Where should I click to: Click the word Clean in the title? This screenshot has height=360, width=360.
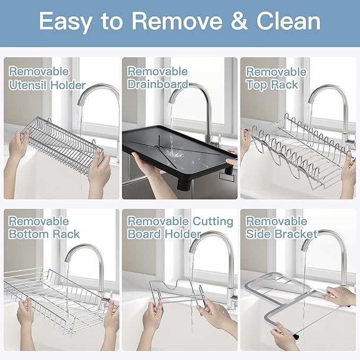289,21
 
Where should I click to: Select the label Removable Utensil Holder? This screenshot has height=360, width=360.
47,78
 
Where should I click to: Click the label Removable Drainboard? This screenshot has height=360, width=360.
157,77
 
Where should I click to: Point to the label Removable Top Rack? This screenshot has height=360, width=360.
276,78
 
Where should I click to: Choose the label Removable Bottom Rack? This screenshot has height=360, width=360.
43,227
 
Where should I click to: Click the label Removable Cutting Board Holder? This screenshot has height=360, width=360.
180,227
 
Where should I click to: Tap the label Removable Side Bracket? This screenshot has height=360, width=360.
282,227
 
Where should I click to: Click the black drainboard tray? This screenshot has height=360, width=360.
175,154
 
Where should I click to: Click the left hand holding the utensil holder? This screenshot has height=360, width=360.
19,146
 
